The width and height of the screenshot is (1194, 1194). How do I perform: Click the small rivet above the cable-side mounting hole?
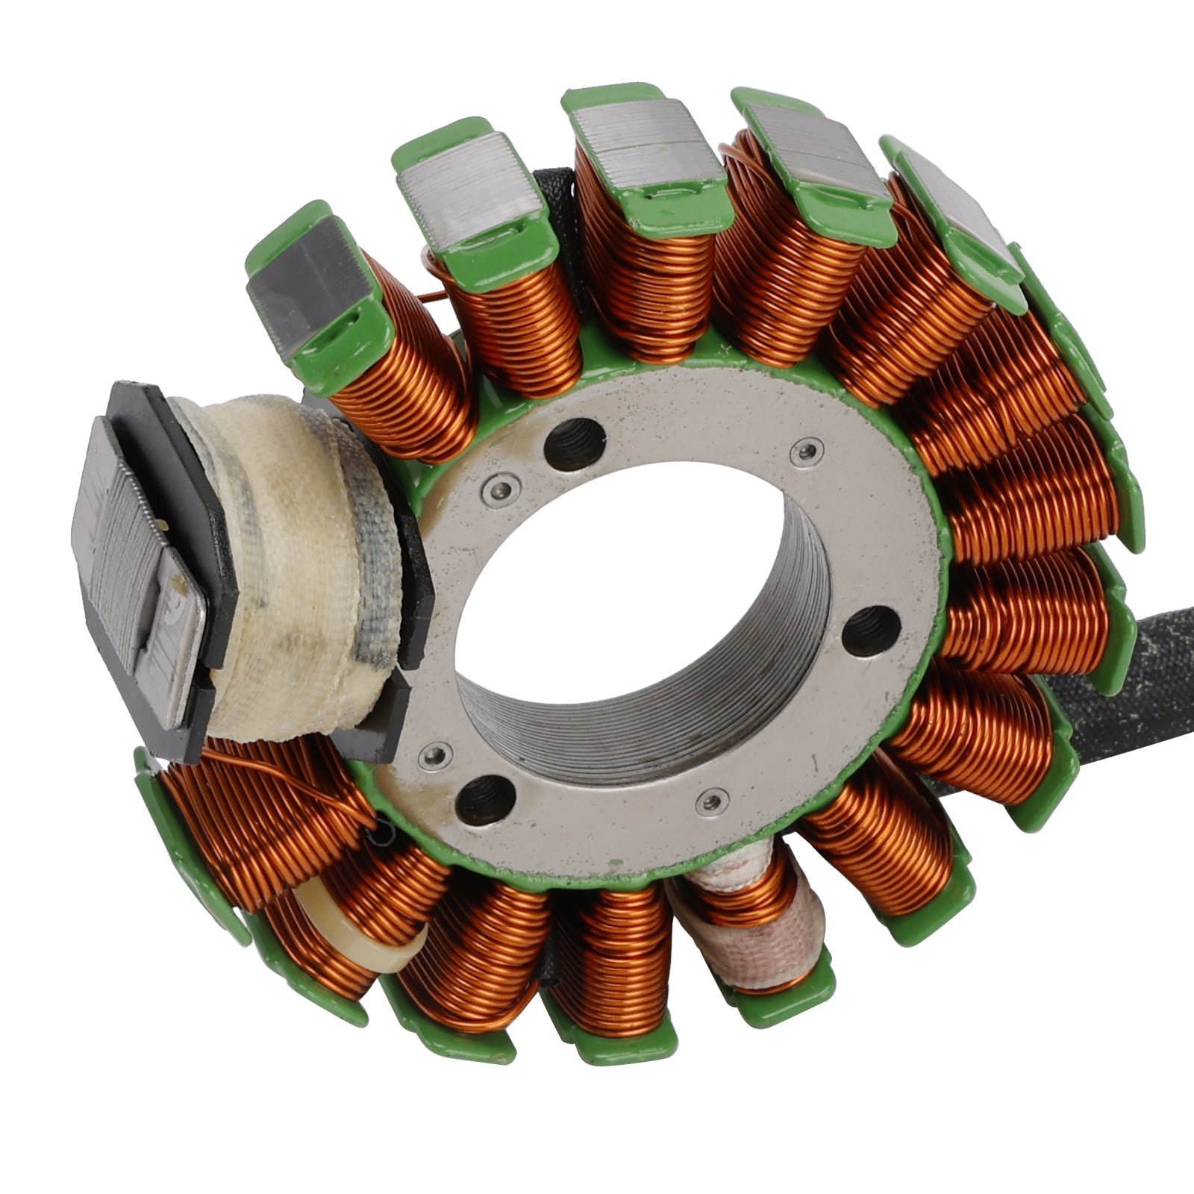(807, 450)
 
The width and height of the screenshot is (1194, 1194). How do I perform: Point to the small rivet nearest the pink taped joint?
(711, 801)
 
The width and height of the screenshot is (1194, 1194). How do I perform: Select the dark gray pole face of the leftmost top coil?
(306, 291)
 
